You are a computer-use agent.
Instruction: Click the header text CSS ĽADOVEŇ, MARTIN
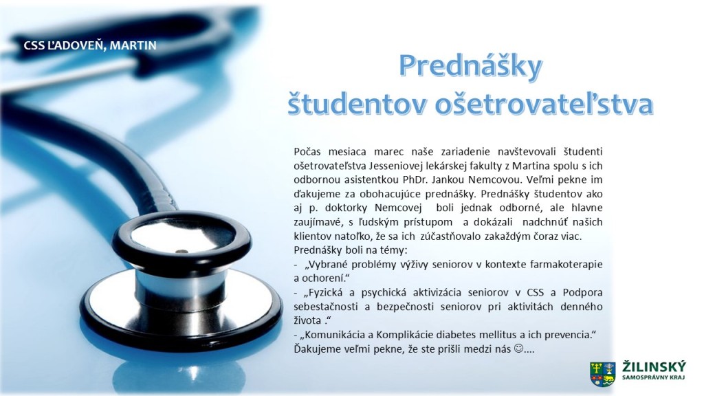90,45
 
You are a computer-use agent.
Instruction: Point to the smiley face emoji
518,348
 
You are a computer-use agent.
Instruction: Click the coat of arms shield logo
602,374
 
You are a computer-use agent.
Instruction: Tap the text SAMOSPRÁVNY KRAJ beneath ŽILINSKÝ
654,378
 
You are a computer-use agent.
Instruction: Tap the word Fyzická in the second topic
323,292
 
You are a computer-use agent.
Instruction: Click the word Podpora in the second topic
583,292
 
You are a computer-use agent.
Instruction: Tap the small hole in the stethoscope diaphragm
181,251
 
